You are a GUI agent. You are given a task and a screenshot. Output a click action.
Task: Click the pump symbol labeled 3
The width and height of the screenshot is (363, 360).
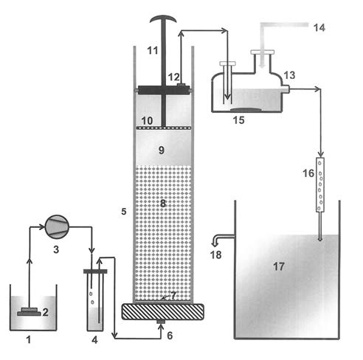pyautogui.click(x=57, y=226)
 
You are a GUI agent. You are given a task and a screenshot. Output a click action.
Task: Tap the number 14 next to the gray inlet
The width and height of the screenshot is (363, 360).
pyautogui.click(x=319, y=28)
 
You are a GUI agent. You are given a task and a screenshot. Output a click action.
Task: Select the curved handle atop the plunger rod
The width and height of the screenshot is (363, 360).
pyautogui.click(x=163, y=19)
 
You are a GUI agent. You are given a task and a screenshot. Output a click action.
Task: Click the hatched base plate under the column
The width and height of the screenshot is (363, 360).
pyautogui.click(x=163, y=311)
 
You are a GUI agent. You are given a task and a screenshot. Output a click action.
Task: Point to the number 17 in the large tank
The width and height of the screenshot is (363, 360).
pyautogui.click(x=279, y=266)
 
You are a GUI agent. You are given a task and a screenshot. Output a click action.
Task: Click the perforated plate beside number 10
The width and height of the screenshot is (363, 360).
pyautogui.click(x=163, y=128)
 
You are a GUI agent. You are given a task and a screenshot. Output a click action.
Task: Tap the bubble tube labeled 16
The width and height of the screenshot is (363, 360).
pyautogui.click(x=320, y=184)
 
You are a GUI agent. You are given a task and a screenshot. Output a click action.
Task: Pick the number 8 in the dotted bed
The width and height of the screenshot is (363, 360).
pyautogui.click(x=163, y=204)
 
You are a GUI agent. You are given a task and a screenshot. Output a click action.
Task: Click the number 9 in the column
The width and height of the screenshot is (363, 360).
pyautogui.click(x=162, y=150)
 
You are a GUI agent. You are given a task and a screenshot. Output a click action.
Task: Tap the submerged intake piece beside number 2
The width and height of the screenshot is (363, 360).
pyautogui.click(x=29, y=312)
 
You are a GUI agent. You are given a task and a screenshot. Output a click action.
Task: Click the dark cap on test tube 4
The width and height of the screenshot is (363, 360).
pyautogui.click(x=95, y=271)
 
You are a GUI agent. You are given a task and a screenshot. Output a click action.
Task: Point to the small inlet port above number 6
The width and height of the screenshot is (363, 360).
pyautogui.click(x=161, y=322)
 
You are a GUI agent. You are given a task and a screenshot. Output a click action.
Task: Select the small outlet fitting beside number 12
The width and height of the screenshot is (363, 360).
pyautogui.click(x=181, y=85)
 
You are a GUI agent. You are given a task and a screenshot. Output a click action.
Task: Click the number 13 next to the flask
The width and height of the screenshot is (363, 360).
pyautogui.click(x=289, y=75)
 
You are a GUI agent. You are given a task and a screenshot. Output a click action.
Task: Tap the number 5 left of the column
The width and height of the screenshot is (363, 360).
pyautogui.click(x=124, y=212)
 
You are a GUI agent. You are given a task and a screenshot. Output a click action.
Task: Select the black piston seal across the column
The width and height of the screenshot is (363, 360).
pyautogui.click(x=163, y=90)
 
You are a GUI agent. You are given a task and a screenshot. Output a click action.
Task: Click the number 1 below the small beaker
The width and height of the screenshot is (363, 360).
pyautogui.click(x=29, y=339)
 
